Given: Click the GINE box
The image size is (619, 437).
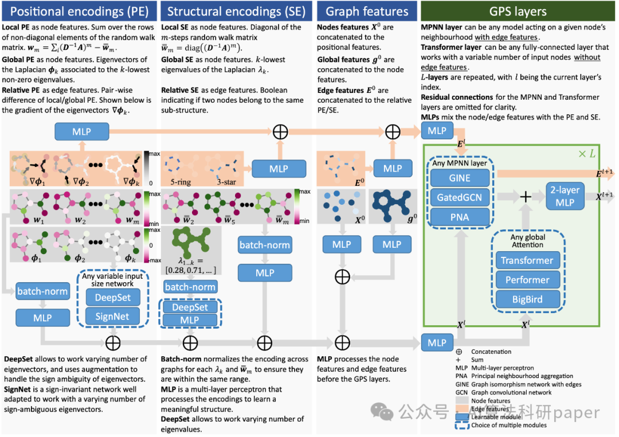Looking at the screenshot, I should pos(460,178).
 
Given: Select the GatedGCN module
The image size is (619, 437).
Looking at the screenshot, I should pos(460,197).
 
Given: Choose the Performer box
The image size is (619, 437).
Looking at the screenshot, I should pos(527,280).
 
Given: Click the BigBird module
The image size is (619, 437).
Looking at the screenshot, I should pos(527,299).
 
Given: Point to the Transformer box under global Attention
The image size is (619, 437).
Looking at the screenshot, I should pos(527,260).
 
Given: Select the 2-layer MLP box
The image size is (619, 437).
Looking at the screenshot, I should pos(565,196).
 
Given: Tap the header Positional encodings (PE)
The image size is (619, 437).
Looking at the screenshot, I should pos(80,11).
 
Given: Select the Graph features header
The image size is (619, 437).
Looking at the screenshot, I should pos(367,11).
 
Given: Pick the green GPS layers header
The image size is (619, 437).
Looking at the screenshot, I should pos(518,11).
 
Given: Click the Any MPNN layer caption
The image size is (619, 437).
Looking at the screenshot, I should pos(460,163).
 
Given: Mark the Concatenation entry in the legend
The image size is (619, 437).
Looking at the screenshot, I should pos(492,352).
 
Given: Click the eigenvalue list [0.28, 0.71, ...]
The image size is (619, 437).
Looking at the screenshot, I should pos(190,270).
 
